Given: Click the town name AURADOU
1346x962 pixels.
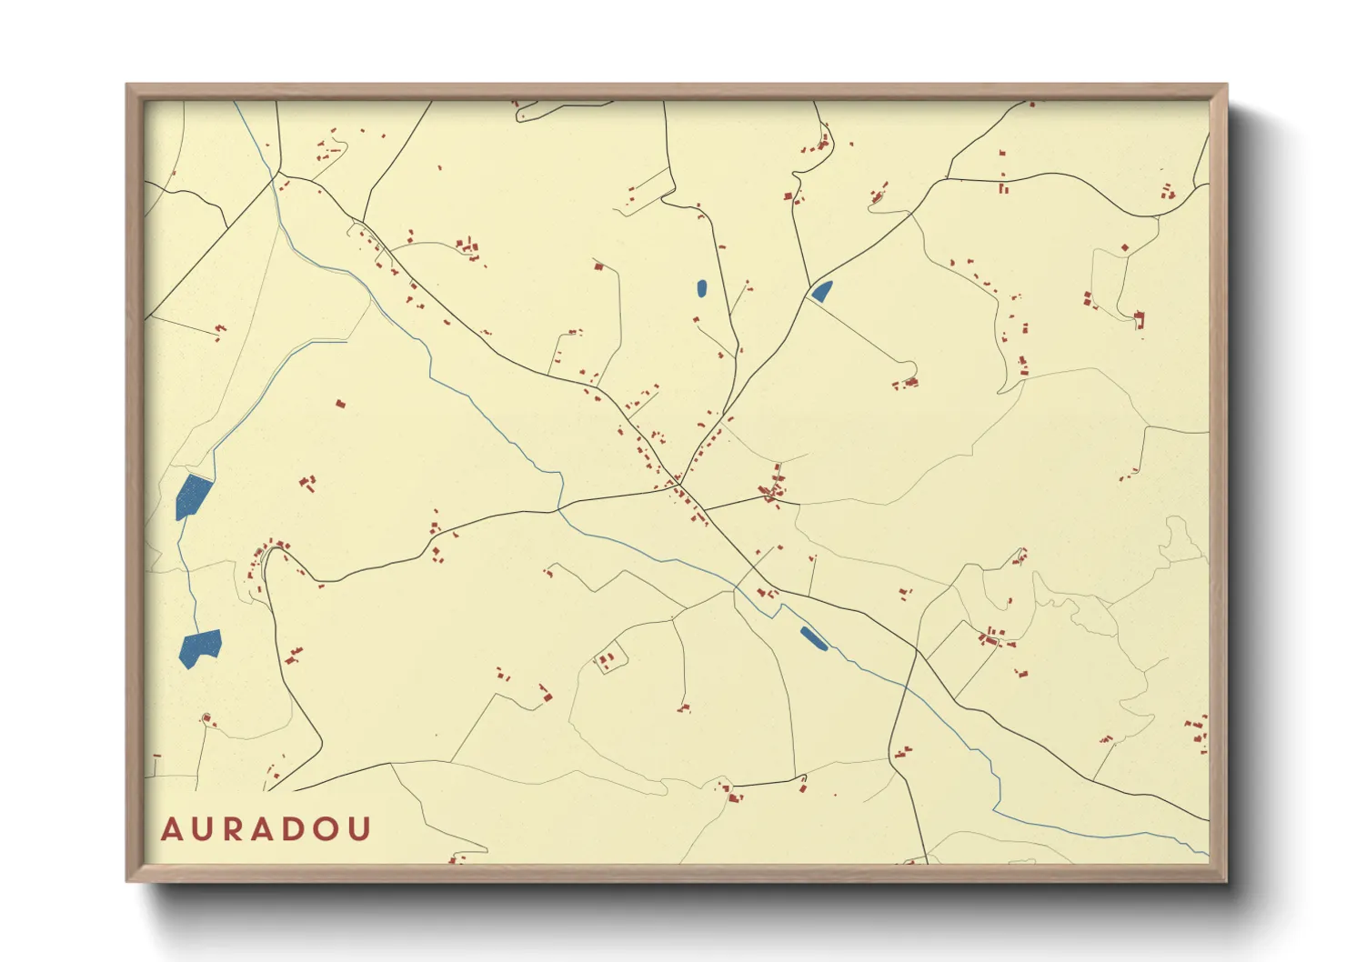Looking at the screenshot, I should (266, 829).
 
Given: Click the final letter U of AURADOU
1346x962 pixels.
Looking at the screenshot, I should (361, 829).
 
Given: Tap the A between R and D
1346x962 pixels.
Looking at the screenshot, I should (266, 829).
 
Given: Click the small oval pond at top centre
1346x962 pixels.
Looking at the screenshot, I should (701, 288).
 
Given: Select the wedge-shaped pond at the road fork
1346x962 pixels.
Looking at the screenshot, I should (821, 291).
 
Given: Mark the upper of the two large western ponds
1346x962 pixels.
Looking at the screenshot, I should (192, 496).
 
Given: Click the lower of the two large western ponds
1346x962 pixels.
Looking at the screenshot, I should (199, 647).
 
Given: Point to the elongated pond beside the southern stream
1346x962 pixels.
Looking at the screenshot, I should (813, 638).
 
